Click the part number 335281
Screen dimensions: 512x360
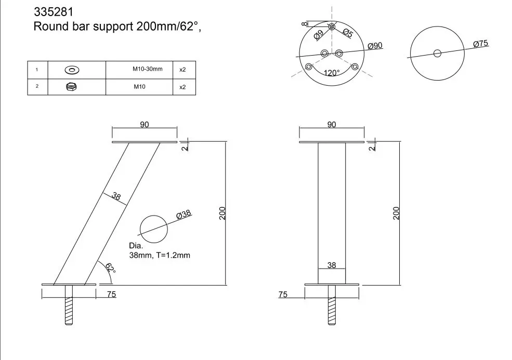tap(54, 12)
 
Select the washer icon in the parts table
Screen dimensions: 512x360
tap(72, 70)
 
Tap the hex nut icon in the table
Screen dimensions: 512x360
tap(71, 86)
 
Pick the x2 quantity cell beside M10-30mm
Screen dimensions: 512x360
tap(182, 70)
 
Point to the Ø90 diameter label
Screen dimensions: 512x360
tap(375, 46)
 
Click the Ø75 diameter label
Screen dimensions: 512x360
tap(481, 44)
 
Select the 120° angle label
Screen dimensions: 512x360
tap(332, 73)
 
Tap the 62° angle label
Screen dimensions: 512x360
tap(110, 268)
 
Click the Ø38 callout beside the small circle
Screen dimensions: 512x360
tap(183, 215)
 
